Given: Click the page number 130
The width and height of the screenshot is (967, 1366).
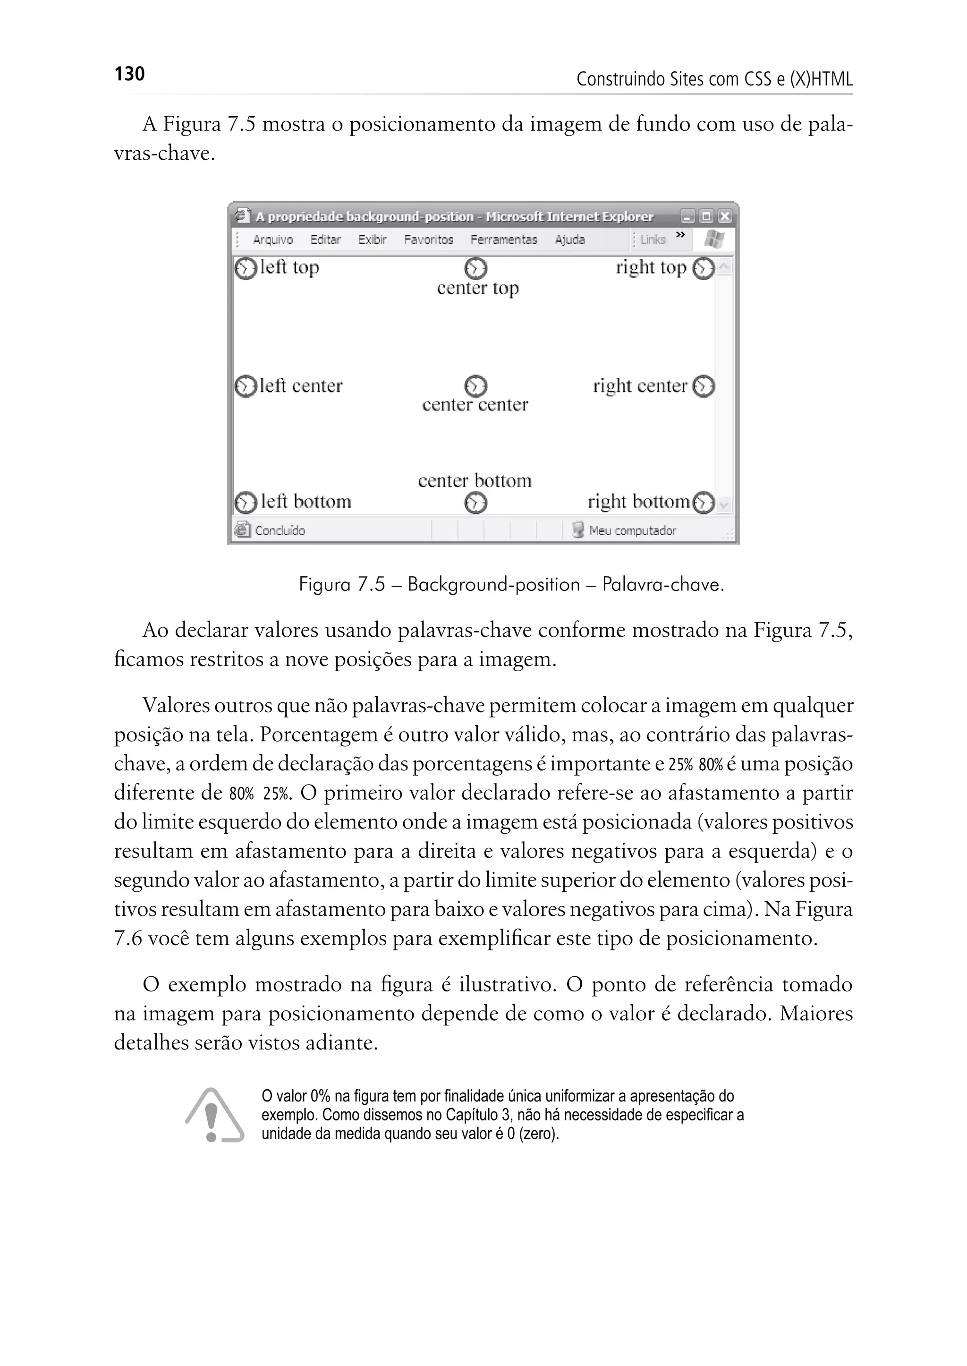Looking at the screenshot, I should [129, 74].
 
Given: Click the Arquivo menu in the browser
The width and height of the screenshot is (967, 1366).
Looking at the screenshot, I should [273, 239].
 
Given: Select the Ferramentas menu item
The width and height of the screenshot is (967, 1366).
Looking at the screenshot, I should [503, 239].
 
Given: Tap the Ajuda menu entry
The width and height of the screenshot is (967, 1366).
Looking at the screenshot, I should [569, 239].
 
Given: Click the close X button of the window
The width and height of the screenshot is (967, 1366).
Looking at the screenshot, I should [724, 216].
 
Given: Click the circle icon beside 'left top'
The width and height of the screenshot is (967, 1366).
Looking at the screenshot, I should [245, 268].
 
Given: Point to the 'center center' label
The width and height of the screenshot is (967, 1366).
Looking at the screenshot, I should [475, 404].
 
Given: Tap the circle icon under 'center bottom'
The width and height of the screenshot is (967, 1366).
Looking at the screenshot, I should [475, 504].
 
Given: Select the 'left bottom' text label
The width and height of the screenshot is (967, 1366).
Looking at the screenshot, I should [306, 502].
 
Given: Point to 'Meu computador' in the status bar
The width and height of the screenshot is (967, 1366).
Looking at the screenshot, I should [632, 530].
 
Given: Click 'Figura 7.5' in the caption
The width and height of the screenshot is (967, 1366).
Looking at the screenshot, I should [342, 584].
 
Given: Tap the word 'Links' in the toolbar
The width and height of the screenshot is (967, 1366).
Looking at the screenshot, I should [653, 239].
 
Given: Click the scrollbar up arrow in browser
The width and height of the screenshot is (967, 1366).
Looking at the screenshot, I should [724, 267].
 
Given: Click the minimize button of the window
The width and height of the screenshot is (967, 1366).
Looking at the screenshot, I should [688, 216].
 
